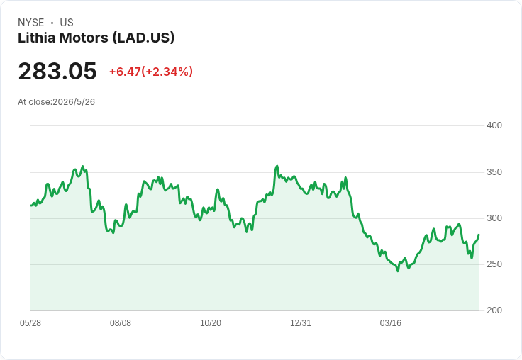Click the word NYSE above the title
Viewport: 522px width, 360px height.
pyautogui.click(x=31, y=23)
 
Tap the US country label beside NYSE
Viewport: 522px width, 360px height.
pyautogui.click(x=67, y=23)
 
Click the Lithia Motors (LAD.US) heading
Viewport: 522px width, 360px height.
pyautogui.click(x=96, y=38)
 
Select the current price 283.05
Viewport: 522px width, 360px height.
pyautogui.click(x=57, y=71)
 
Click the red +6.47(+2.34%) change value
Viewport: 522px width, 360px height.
pyautogui.click(x=151, y=72)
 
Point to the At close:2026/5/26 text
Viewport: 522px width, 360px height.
pyautogui.click(x=56, y=102)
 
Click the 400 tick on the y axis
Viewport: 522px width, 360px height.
pyautogui.click(x=494, y=125)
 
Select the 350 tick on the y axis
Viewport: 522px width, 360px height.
pyautogui.click(x=494, y=172)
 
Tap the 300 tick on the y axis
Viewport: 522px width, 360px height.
pyautogui.click(x=494, y=218)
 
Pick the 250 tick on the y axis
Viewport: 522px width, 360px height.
pyautogui.click(x=494, y=264)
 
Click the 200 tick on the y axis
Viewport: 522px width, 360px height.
pyautogui.click(x=494, y=310)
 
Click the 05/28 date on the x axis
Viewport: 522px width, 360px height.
pyautogui.click(x=30, y=323)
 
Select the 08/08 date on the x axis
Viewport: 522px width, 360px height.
pyautogui.click(x=121, y=323)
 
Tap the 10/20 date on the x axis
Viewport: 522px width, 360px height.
pyautogui.click(x=211, y=323)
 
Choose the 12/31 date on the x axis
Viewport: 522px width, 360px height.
pyautogui.click(x=301, y=323)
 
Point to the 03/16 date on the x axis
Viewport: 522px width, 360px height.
pyautogui.click(x=391, y=323)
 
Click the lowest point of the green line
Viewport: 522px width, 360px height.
pyautogui.click(x=397, y=271)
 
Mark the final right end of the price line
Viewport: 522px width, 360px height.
pyautogui.click(x=479, y=235)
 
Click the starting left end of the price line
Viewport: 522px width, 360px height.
pyautogui.click(x=31, y=206)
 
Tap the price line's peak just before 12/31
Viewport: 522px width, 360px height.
pyautogui.click(x=277, y=166)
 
